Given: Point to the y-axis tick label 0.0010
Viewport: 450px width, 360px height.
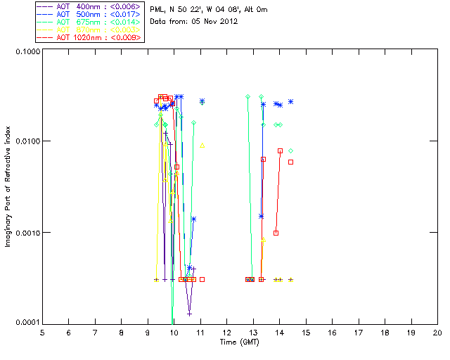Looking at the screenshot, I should click(x=26, y=233).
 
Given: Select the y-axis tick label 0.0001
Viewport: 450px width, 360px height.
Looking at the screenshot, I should click(x=26, y=323).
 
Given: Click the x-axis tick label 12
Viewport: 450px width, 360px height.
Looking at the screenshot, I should click(x=226, y=332).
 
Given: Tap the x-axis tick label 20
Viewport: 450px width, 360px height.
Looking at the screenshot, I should click(x=437, y=332).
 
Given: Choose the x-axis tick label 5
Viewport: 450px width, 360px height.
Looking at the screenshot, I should click(x=42, y=332).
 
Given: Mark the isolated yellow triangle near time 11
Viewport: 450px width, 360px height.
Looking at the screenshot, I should click(x=202, y=146).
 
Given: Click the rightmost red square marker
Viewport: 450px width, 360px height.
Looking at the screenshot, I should click(x=290, y=162).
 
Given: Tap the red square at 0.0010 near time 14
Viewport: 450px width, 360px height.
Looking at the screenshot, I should click(x=276, y=233).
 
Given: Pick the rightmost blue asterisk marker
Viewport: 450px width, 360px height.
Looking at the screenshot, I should click(x=290, y=102).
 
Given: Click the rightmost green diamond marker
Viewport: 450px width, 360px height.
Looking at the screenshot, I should click(x=290, y=150).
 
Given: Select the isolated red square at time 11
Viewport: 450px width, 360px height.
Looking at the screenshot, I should click(x=202, y=279).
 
